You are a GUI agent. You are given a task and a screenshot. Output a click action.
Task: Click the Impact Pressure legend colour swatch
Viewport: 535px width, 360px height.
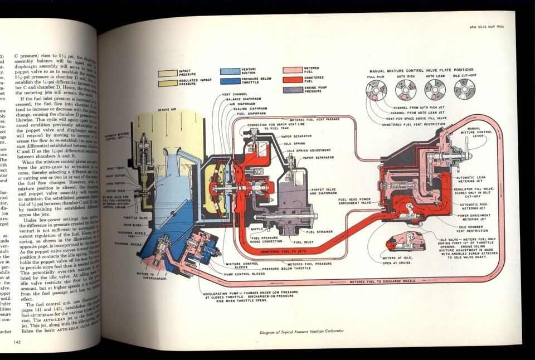tap(167, 73)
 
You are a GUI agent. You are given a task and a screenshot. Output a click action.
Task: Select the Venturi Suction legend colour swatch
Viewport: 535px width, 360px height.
tap(230, 71)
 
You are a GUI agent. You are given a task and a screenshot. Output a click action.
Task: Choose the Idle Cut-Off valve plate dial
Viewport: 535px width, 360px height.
tap(464, 89)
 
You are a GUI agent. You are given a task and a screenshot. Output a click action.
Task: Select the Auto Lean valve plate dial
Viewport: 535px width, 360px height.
tap(435, 89)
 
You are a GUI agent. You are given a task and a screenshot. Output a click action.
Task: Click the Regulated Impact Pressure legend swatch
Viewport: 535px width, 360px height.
tap(167, 83)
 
